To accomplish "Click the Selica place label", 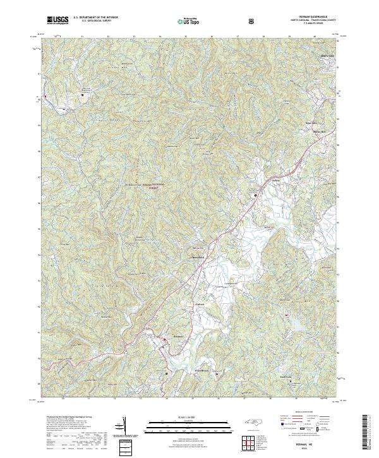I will tap(258, 180).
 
